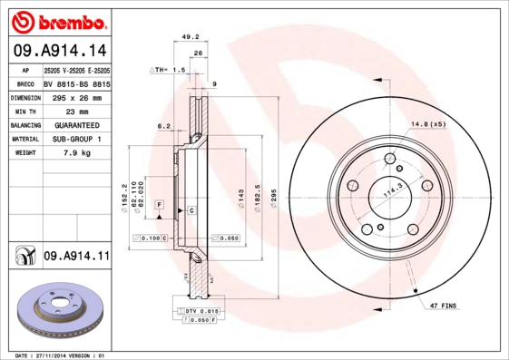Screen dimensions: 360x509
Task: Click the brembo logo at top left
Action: click(x=58, y=20)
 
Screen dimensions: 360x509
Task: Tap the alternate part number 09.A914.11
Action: click(x=76, y=258)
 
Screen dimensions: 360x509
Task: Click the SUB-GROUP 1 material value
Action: click(x=75, y=139)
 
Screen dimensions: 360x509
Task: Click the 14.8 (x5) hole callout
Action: click(x=429, y=123)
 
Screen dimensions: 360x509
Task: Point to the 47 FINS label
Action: click(x=445, y=307)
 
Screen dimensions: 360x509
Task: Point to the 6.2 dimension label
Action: click(x=163, y=126)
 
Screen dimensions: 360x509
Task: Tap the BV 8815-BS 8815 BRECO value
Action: click(x=76, y=83)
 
